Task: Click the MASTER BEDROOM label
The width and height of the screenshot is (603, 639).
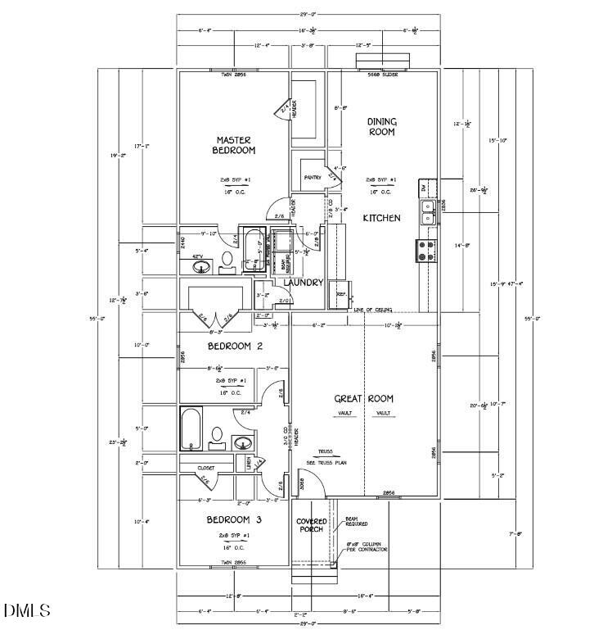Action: pos(234,145)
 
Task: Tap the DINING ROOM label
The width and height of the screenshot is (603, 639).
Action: pos(381,126)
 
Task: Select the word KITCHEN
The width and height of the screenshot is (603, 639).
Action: pos(382,218)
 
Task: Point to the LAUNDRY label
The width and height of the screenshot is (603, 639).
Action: pos(304,283)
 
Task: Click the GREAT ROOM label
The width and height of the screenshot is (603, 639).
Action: pos(364,399)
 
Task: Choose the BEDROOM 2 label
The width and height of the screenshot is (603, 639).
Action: pos(234,347)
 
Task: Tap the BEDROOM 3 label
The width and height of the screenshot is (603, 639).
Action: pos(234,520)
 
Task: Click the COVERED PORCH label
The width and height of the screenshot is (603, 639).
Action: pos(311,526)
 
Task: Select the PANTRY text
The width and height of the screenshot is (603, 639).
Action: pos(311,177)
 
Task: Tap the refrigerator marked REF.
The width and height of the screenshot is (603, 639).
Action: pos(341,293)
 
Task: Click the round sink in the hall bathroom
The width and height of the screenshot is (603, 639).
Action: pos(242,442)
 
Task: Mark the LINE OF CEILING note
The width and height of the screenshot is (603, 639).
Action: pos(372,310)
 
